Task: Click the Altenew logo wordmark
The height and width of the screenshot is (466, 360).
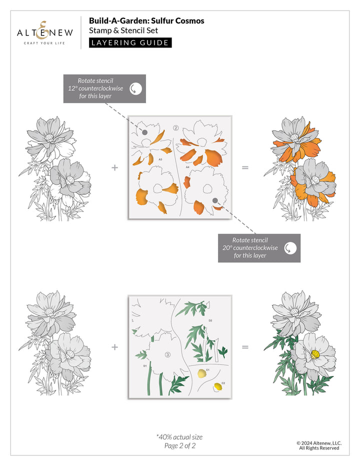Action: [x=45, y=33]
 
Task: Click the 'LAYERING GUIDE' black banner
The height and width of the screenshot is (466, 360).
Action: [x=130, y=42]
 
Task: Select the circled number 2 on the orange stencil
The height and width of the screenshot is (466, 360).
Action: [x=176, y=128]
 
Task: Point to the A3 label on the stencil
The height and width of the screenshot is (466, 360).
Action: [x=160, y=159]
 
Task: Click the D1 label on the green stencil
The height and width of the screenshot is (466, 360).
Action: [x=145, y=365]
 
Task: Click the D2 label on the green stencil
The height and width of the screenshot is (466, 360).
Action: [x=210, y=320]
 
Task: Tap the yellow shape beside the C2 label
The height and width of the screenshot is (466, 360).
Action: [x=218, y=386]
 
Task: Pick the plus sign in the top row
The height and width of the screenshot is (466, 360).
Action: [x=114, y=167]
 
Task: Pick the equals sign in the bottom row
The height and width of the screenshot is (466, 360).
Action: [x=245, y=346]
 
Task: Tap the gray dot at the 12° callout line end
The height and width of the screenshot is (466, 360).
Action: [x=144, y=132]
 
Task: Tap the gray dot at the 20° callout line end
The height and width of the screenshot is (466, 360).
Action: [x=215, y=200]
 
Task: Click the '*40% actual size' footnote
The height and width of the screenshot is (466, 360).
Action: [x=179, y=436]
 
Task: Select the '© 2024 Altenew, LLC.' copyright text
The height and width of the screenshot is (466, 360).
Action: [x=318, y=442]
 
